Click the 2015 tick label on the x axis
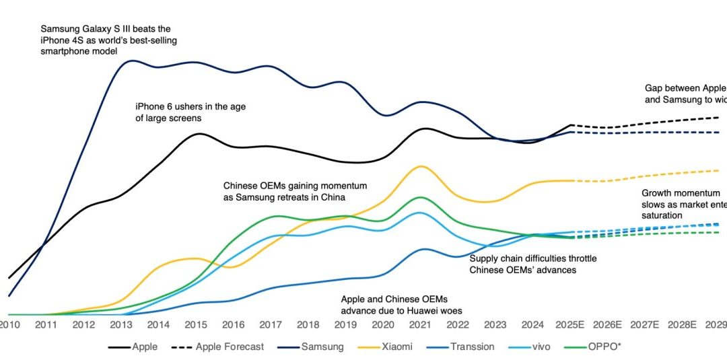(195, 324)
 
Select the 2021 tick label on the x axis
(421, 324)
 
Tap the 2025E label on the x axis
(571, 324)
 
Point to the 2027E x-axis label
(646, 324)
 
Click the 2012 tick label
(83, 324)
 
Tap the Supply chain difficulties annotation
(532, 264)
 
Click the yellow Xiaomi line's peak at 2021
(421, 166)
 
